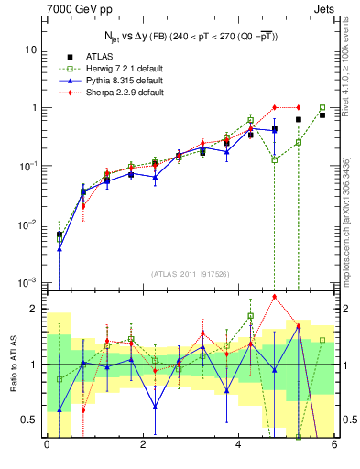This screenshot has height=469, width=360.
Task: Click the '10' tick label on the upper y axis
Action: pyautogui.click(x=32, y=48)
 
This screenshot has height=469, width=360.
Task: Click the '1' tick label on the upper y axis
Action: pyautogui.click(x=35, y=107)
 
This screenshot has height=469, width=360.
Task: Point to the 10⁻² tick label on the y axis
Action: pyautogui.click(x=30, y=224)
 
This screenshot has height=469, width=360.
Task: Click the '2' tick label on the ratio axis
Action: pyautogui.click(x=35, y=309)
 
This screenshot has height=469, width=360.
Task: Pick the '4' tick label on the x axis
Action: pyautogui.click(x=239, y=446)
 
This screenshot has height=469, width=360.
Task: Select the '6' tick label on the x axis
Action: pyautogui.click(x=334, y=446)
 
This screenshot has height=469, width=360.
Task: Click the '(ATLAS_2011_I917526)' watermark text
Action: pyautogui.click(x=191, y=274)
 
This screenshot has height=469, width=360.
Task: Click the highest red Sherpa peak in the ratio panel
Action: pyautogui.click(x=274, y=296)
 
